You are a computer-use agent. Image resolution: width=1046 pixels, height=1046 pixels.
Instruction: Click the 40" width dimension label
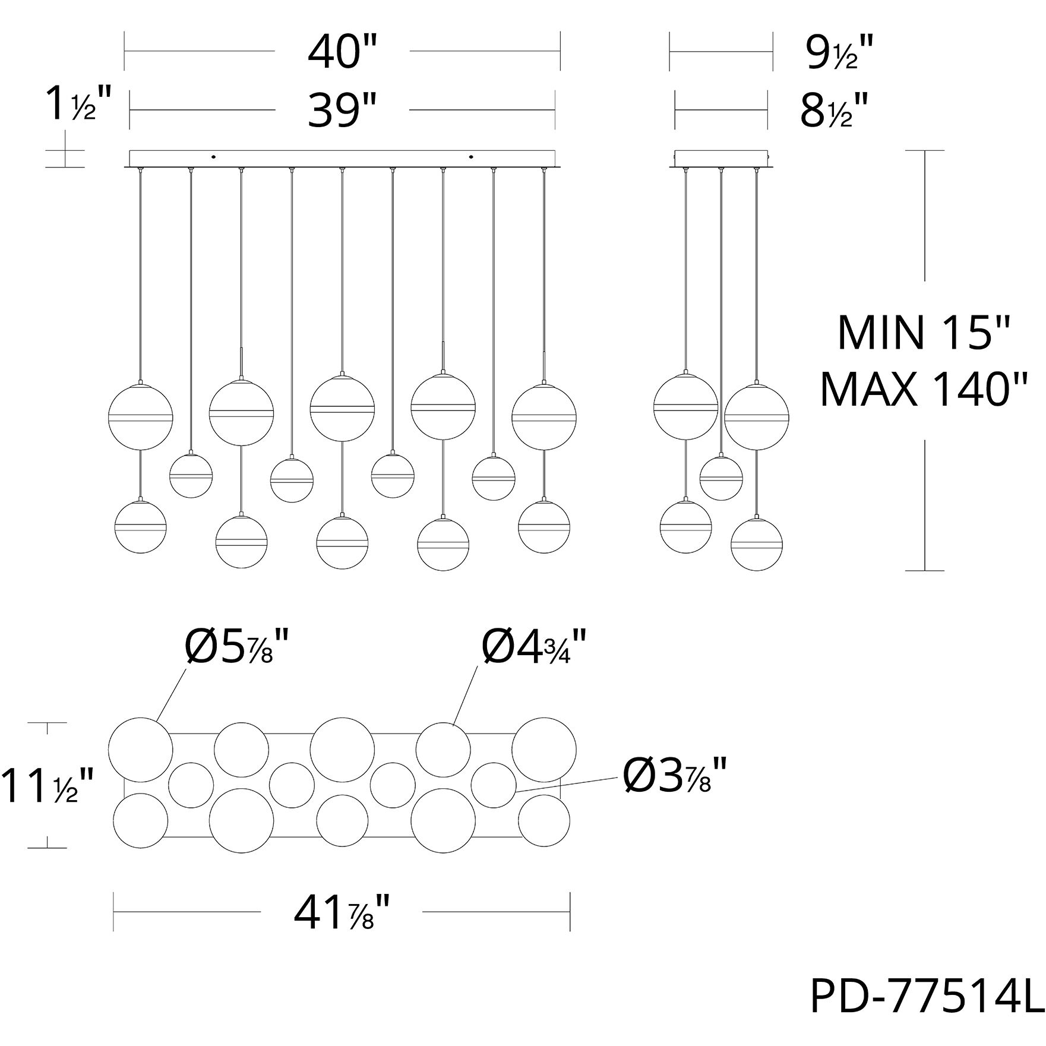[343, 52]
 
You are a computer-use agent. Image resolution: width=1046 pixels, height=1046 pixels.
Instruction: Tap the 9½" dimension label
[839, 52]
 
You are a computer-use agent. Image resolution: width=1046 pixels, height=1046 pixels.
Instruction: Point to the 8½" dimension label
[834, 110]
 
